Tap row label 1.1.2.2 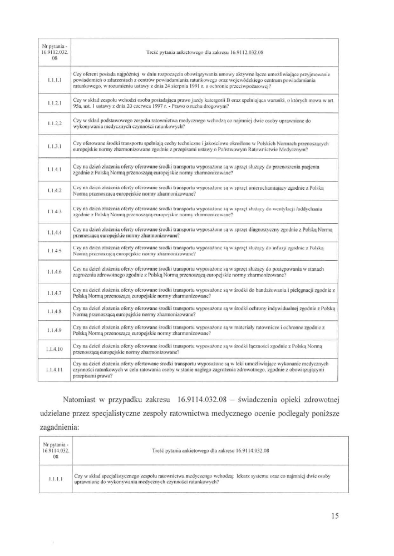click(54, 123)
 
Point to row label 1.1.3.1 click(54, 146)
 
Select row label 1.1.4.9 click(54, 331)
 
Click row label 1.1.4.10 click(54, 349)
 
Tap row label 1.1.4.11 click(54, 369)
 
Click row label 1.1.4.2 click(54, 190)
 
